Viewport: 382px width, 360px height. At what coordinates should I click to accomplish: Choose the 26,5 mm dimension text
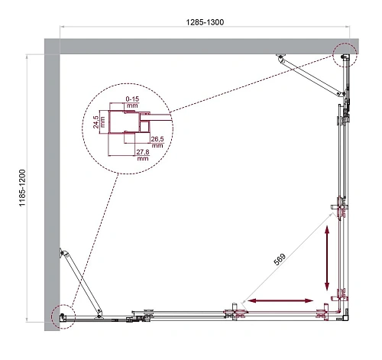click(x=157, y=141)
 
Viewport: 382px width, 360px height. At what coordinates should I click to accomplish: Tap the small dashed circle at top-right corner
click(x=344, y=54)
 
